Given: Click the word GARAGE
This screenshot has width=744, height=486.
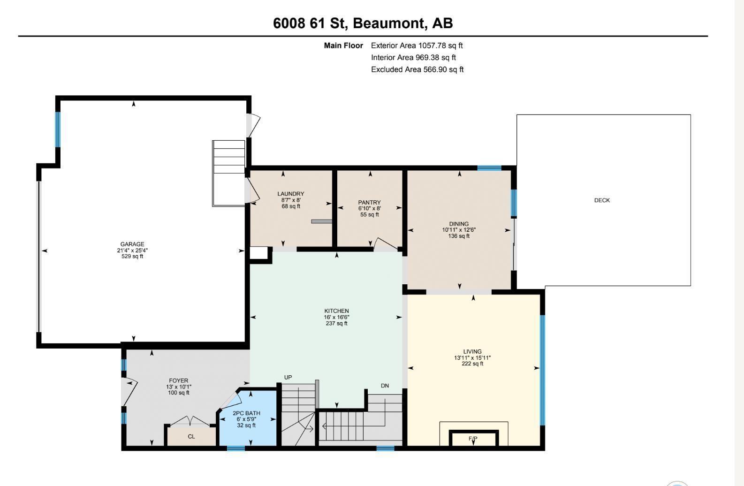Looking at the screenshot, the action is [x=132, y=244].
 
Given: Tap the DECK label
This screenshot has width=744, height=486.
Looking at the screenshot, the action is [x=602, y=200].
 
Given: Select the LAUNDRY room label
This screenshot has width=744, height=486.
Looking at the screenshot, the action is [x=291, y=194].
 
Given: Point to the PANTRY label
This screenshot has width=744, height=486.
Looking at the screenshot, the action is [x=369, y=202].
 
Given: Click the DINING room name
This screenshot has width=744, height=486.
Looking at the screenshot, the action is [x=459, y=224].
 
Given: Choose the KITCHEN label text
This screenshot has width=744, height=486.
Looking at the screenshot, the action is [x=336, y=311].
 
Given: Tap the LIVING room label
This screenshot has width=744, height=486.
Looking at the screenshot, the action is [x=472, y=351].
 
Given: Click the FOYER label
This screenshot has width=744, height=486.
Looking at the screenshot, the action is [x=179, y=381].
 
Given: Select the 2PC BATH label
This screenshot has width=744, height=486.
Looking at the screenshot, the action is [x=246, y=413].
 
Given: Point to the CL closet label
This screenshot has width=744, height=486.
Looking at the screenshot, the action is [x=191, y=436].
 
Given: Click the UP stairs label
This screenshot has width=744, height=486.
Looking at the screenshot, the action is [x=288, y=377].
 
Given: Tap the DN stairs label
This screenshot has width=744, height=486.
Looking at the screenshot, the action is [x=385, y=386].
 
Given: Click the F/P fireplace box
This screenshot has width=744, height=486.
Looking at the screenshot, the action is [x=474, y=438].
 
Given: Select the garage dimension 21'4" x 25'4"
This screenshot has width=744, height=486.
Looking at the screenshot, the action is [x=132, y=251].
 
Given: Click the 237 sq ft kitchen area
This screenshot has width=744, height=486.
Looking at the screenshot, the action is [x=336, y=323].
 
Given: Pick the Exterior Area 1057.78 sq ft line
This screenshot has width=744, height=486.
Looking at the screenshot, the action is [x=417, y=46].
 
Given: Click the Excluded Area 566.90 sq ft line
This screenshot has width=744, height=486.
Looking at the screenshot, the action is [x=417, y=69].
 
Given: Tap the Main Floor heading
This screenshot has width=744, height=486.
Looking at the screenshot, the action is [x=343, y=46].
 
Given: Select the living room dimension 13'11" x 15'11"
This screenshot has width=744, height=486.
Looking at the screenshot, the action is [x=472, y=358].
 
